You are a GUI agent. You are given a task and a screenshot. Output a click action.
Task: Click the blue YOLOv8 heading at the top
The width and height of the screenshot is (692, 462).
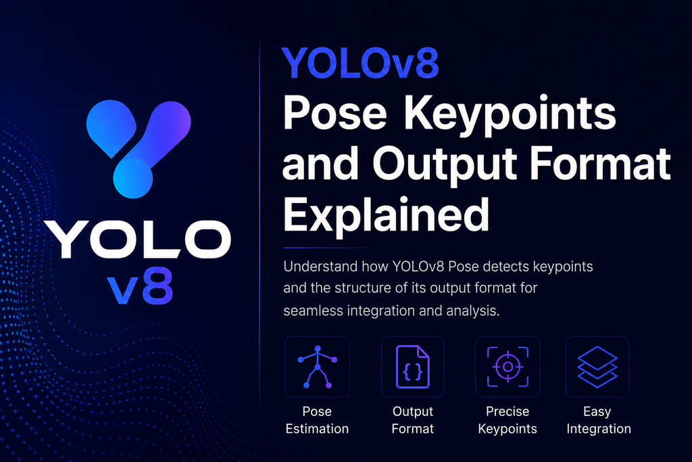pyautogui.click(x=360, y=63)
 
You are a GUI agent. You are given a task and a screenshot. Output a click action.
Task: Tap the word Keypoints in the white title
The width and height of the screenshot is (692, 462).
pyautogui.click(x=510, y=114)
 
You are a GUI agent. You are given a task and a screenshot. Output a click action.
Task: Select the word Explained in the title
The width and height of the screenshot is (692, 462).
pyautogui.click(x=386, y=215)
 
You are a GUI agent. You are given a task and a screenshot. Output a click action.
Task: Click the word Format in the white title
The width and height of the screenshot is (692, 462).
pyautogui.click(x=601, y=164)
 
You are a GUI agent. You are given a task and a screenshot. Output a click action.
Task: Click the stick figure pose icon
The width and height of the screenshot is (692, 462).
pyautogui.click(x=318, y=367)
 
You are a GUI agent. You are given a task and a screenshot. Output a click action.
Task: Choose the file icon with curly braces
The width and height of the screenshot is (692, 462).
pyautogui.click(x=413, y=367)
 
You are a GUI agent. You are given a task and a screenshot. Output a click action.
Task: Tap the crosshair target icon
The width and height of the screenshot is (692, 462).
pyautogui.click(x=508, y=367)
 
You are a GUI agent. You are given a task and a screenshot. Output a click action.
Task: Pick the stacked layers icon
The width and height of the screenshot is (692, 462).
pyautogui.click(x=597, y=367)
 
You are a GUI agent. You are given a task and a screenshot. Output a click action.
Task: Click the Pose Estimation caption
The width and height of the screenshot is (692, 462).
pyautogui.click(x=317, y=419)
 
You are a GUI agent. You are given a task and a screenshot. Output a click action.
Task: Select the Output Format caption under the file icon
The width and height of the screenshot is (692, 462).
pyautogui.click(x=413, y=420)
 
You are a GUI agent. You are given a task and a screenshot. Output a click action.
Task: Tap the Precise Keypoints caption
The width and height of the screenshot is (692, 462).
pyautogui.click(x=508, y=420)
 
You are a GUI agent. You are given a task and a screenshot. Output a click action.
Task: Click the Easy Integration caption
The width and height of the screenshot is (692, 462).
pyautogui.click(x=599, y=419)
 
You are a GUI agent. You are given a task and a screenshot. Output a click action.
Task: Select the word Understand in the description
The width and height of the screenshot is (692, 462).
pyautogui.click(x=320, y=267)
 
